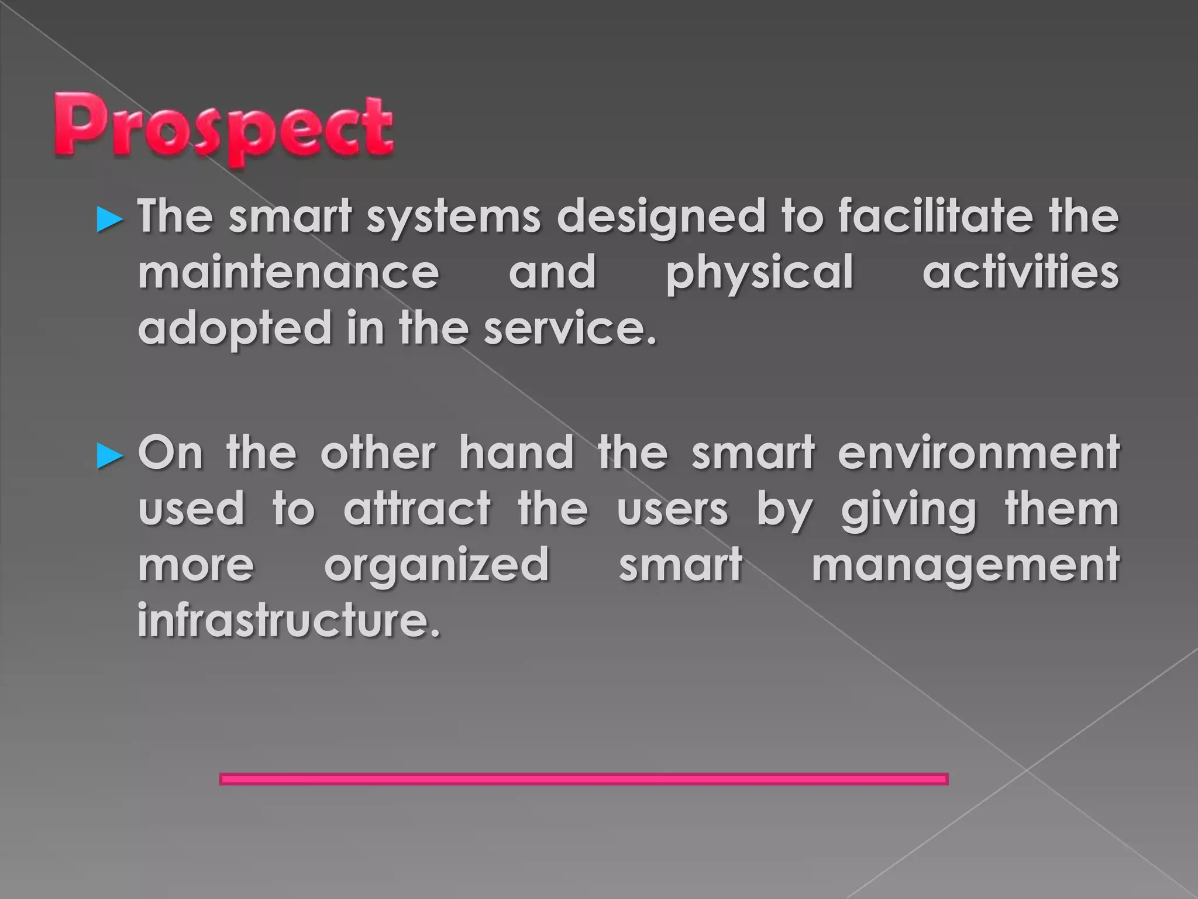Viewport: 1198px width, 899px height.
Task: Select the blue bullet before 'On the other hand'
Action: click(x=109, y=455)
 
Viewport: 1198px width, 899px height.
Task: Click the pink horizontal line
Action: click(x=583, y=778)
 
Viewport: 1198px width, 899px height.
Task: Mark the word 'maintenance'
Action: click(x=288, y=273)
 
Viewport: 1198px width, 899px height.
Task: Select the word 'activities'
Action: click(x=1021, y=272)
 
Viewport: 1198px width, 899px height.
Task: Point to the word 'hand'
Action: click(x=516, y=453)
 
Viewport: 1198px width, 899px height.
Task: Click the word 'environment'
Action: click(x=979, y=453)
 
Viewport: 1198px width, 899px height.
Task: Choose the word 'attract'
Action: click(x=417, y=509)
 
